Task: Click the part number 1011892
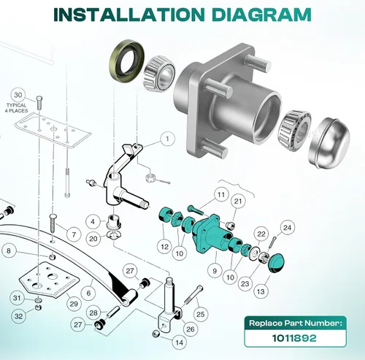(x=294, y=338)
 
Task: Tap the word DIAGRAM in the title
(x=261, y=15)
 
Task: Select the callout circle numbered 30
(x=18, y=95)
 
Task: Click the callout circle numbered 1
(x=167, y=139)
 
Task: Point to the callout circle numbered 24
(x=288, y=228)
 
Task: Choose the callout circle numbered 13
(x=261, y=291)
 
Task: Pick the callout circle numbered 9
(x=215, y=271)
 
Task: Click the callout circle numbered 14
(x=180, y=342)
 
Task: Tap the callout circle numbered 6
(x=89, y=293)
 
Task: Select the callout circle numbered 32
(x=19, y=316)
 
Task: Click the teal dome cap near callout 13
(x=276, y=263)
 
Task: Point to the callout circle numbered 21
(x=238, y=201)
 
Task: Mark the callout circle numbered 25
(x=200, y=314)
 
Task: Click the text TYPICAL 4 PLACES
(x=17, y=108)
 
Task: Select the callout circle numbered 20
(x=93, y=239)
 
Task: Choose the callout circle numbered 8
(x=9, y=250)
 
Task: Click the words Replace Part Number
(x=296, y=323)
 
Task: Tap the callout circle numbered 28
(x=93, y=313)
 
